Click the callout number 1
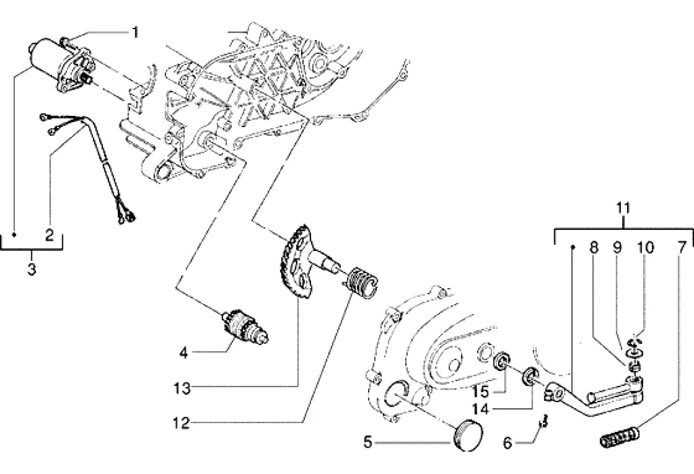136,33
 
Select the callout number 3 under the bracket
31,269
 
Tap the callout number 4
184,353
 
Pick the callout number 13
182,389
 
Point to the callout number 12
182,423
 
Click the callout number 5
368,441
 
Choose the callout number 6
508,443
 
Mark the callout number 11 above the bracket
624,208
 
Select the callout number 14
480,409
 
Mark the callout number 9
617,248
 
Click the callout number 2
49,235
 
